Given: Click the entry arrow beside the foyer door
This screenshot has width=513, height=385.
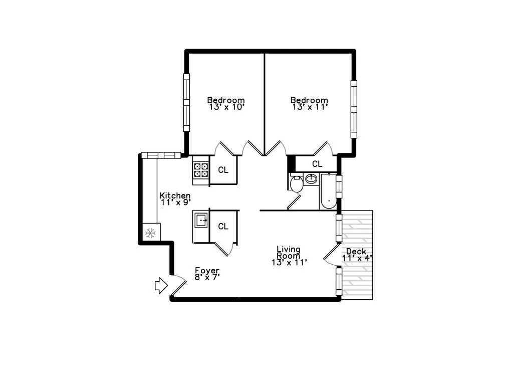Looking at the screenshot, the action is (x=161, y=285).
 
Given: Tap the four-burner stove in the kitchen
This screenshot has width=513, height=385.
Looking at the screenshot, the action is (x=201, y=170).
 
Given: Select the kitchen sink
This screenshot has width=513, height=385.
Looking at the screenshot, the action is (x=201, y=220).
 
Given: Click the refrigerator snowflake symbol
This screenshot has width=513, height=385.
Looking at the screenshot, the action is (x=150, y=233).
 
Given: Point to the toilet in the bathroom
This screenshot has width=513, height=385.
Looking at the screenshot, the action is (x=297, y=184).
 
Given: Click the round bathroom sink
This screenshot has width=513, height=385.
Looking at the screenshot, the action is (x=311, y=179).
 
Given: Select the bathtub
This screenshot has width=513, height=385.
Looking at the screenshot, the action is (x=329, y=191).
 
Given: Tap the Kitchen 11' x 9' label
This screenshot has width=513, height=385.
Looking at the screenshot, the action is (x=175, y=199).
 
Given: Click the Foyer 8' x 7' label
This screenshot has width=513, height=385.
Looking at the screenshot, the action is (x=207, y=274).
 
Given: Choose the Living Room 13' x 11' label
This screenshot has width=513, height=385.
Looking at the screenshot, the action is (x=289, y=256).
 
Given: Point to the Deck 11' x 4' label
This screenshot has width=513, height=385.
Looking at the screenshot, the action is (x=357, y=255).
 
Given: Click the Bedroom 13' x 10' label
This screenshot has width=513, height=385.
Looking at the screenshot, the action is (x=226, y=103).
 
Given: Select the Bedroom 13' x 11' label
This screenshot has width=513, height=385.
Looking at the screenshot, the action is (x=310, y=103).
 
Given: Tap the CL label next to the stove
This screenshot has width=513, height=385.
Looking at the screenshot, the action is (x=223, y=170).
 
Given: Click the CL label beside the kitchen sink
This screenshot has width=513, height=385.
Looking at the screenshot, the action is (x=223, y=226).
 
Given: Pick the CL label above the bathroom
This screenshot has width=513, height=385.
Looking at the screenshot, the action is (x=317, y=164).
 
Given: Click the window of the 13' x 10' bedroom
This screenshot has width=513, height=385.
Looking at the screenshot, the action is (x=186, y=102).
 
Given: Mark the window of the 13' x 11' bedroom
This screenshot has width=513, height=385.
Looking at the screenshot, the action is (x=354, y=109).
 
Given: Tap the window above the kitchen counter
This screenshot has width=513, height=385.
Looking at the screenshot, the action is (x=161, y=155).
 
